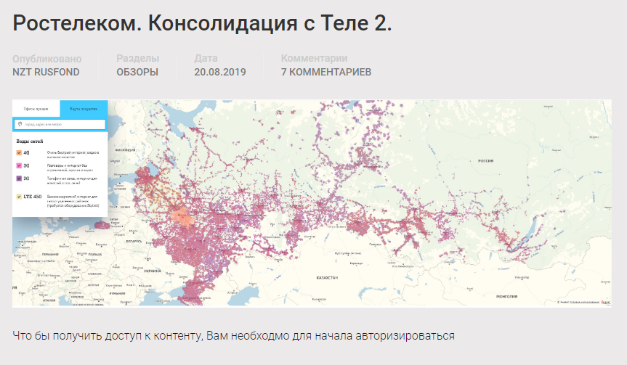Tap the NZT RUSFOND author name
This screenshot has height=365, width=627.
tap(46, 72)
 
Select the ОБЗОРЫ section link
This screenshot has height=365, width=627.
tap(137, 72)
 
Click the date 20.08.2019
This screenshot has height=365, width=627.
tap(220, 72)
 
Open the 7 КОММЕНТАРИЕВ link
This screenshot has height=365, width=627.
tap(326, 72)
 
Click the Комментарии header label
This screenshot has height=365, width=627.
tap(314, 59)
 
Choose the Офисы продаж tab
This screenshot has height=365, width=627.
tap(36, 107)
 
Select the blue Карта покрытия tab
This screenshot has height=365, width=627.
tap(84, 107)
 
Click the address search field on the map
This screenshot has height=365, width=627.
tap(61, 124)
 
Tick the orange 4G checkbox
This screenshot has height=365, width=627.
tap(19, 152)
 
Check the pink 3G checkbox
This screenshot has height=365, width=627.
tap(19, 165)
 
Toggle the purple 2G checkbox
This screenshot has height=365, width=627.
tap(19, 178)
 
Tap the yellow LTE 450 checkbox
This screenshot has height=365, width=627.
tap(19, 197)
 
